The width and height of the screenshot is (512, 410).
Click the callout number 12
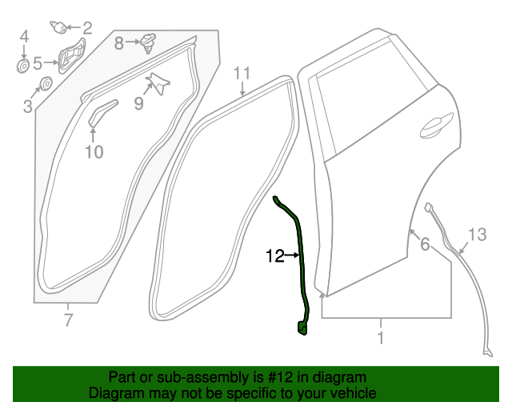(275, 256)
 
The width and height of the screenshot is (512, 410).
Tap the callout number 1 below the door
(381, 338)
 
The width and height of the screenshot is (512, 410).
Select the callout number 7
(68, 321)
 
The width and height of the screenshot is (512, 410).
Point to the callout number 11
(242, 74)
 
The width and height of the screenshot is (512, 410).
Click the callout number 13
(477, 235)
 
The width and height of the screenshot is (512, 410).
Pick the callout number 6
(425, 245)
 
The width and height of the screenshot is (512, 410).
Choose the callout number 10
(94, 151)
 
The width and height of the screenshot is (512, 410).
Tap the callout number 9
(138, 102)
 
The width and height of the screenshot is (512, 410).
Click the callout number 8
(118, 43)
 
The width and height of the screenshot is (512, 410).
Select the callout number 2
(87, 29)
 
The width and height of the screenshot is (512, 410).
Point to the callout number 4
(24, 36)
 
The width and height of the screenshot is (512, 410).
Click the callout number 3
(27, 105)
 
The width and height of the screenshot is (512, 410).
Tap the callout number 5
(37, 60)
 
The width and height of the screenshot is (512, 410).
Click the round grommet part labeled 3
(46, 83)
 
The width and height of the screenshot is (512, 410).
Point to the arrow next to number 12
(293, 256)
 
